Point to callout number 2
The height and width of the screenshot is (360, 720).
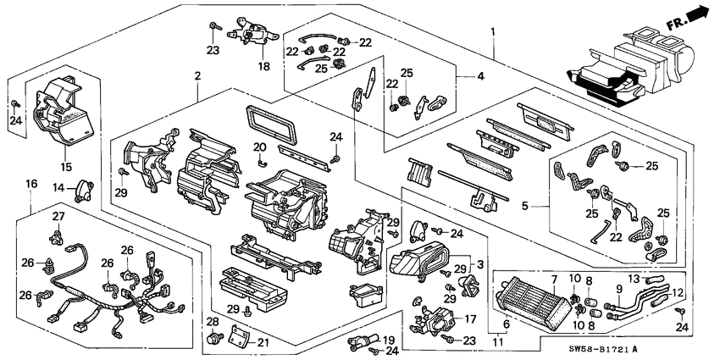(x=197, y=76)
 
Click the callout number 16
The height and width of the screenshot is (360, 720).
(x=31, y=183)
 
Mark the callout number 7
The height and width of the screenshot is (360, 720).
(x=554, y=279)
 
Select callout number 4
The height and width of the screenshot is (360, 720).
(x=481, y=77)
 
